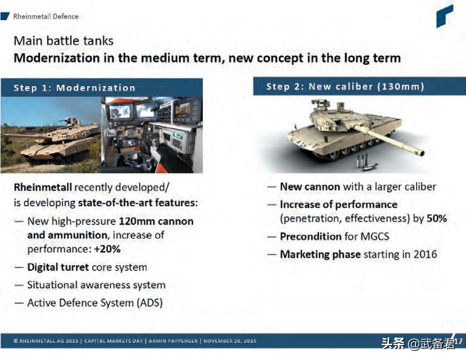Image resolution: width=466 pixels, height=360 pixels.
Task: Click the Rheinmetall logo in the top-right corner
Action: click(x=445, y=16)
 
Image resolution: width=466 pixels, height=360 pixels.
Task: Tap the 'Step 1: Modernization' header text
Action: click(x=74, y=88)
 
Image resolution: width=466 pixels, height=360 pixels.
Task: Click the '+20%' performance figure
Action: click(x=107, y=249)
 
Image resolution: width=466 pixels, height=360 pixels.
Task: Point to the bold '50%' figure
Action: click(x=437, y=218)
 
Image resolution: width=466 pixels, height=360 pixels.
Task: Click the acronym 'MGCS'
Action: click(x=375, y=237)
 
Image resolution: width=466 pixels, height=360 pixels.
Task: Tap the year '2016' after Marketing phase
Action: click(x=425, y=254)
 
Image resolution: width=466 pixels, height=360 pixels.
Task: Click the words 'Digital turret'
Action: click(x=58, y=268)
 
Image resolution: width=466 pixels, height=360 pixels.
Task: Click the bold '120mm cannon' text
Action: click(x=156, y=221)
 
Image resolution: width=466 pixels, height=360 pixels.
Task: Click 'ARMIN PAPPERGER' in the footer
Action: click(x=173, y=340)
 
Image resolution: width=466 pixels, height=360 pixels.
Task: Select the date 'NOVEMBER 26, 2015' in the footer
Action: click(x=230, y=340)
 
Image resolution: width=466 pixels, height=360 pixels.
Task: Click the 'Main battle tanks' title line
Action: click(x=63, y=41)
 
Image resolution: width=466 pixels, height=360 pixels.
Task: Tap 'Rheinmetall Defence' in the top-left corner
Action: click(x=46, y=16)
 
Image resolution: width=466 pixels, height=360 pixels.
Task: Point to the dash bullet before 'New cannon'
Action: click(x=272, y=187)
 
